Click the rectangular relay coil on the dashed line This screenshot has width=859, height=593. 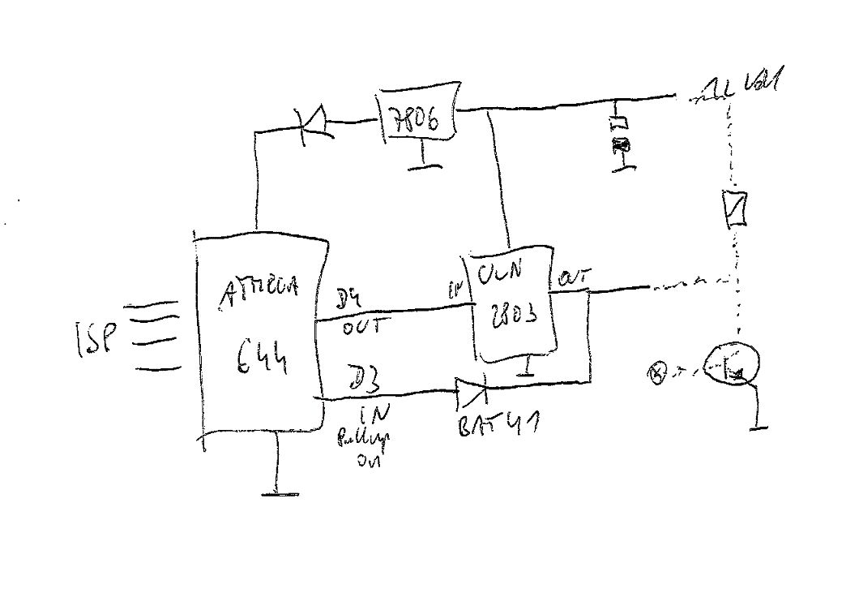point(734,208)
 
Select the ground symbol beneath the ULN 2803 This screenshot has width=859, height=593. point(528,374)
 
